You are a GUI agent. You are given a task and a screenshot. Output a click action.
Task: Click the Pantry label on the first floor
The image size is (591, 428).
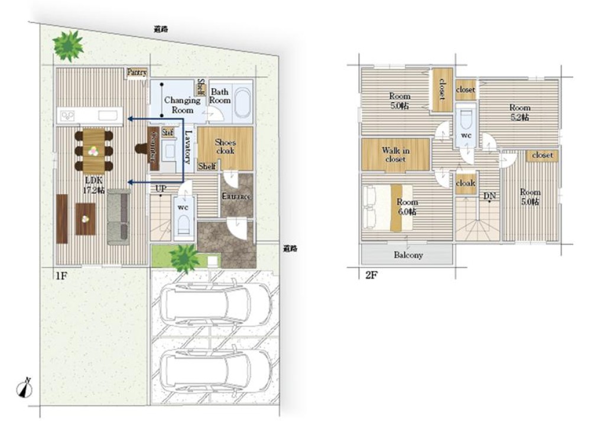coord(137,72)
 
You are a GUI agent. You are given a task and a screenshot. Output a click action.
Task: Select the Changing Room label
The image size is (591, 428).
coord(182,105)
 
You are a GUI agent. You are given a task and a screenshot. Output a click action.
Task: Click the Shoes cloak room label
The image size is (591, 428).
coord(225,146)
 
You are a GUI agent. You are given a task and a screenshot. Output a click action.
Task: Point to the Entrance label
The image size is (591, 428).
coord(236,196)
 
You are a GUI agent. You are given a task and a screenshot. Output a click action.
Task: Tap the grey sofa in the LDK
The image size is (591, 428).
coord(118,217)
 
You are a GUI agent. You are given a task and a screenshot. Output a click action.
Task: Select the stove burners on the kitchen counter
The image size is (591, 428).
coord(66,115)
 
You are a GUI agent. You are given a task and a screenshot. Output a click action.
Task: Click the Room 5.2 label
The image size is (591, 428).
coord(520,112)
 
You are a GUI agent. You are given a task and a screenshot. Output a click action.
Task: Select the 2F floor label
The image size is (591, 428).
coord(371,275)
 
